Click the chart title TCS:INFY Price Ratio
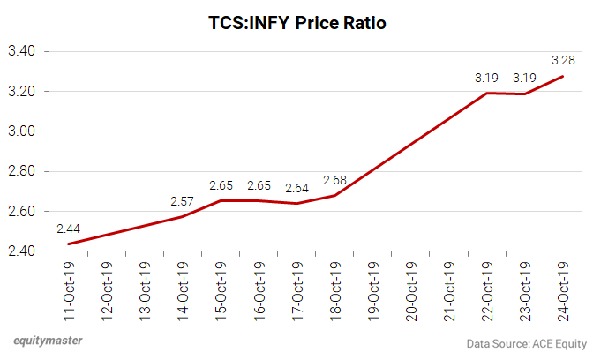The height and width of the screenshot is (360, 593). tap(296, 21)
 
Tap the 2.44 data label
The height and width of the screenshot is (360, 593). tap(71, 229)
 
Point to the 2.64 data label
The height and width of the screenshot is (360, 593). tap(296, 187)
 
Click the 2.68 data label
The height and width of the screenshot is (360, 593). tap(334, 180)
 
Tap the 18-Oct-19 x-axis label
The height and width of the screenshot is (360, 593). tap(334, 292)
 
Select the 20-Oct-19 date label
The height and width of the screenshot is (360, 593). tap(410, 292)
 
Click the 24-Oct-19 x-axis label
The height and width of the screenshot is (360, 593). tap(561, 292)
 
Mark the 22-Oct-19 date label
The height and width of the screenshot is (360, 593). tap(485, 292)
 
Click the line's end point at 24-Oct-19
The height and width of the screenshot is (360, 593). tap(561, 76)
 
